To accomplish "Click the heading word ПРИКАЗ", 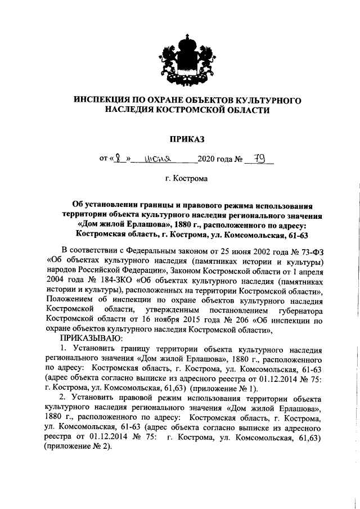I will coord(180,138).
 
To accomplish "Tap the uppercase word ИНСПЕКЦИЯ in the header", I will coord(104,100).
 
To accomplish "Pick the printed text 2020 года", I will coord(217,160).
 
